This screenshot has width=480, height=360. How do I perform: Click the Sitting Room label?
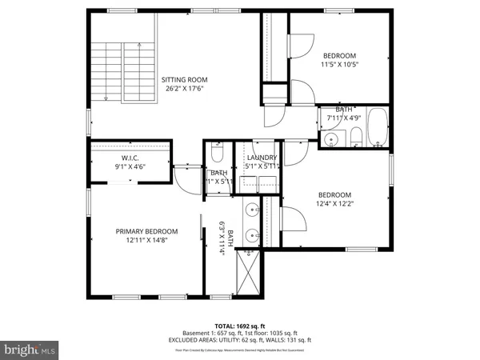[x=184, y=79]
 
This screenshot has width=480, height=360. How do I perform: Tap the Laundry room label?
[x=262, y=158]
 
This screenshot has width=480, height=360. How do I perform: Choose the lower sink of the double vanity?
[x=252, y=235]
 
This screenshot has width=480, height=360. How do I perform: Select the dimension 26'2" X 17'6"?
[x=184, y=89]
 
